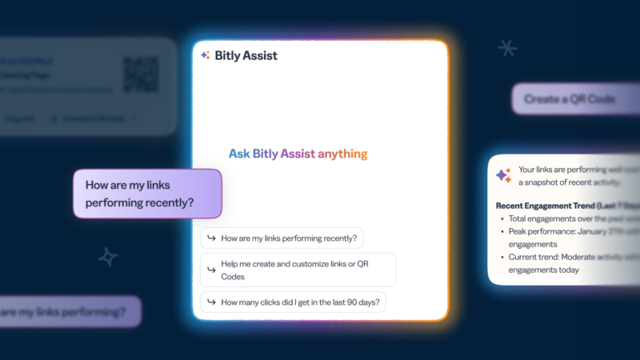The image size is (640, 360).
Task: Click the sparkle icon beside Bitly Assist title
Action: (206, 55)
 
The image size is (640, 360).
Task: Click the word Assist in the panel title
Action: (262, 55)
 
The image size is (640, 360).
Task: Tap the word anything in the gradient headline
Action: (342, 154)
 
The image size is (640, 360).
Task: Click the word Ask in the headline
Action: (238, 154)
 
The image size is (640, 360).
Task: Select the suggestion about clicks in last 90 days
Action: (294, 302)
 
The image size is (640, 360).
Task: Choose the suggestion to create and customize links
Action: (298, 270)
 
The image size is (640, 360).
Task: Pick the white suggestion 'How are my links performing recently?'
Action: (282, 238)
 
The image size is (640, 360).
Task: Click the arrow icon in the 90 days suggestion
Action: (211, 302)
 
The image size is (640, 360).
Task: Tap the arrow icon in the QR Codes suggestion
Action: (211, 270)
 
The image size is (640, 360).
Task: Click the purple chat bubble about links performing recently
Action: (147, 193)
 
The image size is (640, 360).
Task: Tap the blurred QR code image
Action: (140, 74)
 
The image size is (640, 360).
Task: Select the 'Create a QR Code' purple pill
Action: (570, 99)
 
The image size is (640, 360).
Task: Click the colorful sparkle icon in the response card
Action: (503, 175)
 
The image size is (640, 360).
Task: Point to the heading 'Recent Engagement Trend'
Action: (560, 205)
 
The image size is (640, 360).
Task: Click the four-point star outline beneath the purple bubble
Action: (107, 257)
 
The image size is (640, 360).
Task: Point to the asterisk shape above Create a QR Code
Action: (507, 48)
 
